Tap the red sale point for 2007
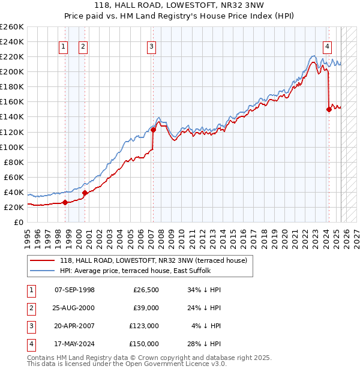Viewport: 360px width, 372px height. pos(153,129)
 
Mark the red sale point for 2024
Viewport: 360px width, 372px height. pos(329,109)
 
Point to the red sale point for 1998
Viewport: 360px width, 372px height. pos(65,202)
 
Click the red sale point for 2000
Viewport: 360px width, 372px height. pos(85,193)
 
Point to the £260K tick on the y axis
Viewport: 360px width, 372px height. pos(12,27)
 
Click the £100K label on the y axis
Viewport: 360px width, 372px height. pos(12,147)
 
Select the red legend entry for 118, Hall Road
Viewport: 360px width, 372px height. pos(149,260)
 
